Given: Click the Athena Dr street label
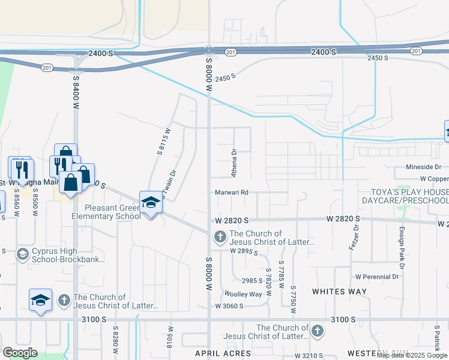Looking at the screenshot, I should pyautogui.click(x=235, y=163).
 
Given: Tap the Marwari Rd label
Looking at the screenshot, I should pyautogui.click(x=232, y=193).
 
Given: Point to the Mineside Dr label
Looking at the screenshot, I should pyautogui.click(x=423, y=167).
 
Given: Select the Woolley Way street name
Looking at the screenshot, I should pyautogui.click(x=243, y=294).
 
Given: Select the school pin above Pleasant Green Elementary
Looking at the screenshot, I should pyautogui.click(x=151, y=203).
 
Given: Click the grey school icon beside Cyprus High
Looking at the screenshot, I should pyautogui.click(x=23, y=254).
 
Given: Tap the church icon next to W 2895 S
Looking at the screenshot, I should pyautogui.click(x=220, y=238).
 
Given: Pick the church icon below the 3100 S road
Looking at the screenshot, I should pyautogui.click(x=317, y=331).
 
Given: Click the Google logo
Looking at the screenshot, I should pyautogui.click(x=20, y=353).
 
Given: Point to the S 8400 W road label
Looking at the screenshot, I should pyautogui.click(x=76, y=89).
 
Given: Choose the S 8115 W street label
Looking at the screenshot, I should pyautogui.click(x=163, y=141).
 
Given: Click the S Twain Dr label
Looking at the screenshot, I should pyautogui.click(x=170, y=181).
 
